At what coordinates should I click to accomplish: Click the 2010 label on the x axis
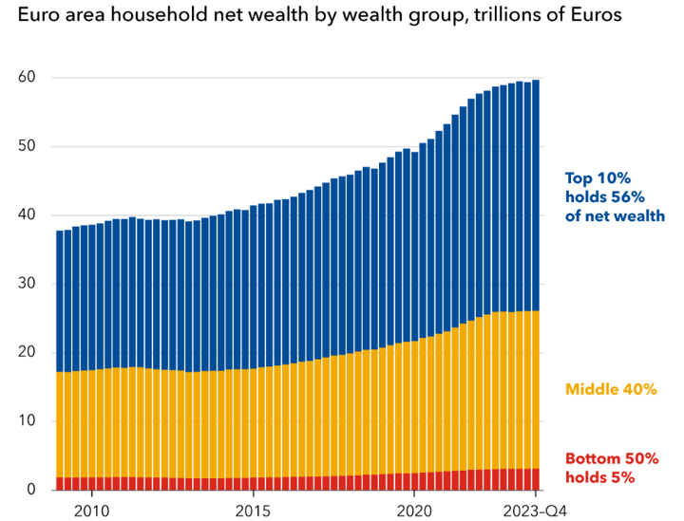click(x=92, y=509)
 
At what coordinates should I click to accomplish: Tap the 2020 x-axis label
click(x=415, y=509)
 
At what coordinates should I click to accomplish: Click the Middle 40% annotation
click(x=611, y=389)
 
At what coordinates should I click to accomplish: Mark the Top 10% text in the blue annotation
click(x=598, y=177)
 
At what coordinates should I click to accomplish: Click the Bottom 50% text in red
click(x=612, y=458)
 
